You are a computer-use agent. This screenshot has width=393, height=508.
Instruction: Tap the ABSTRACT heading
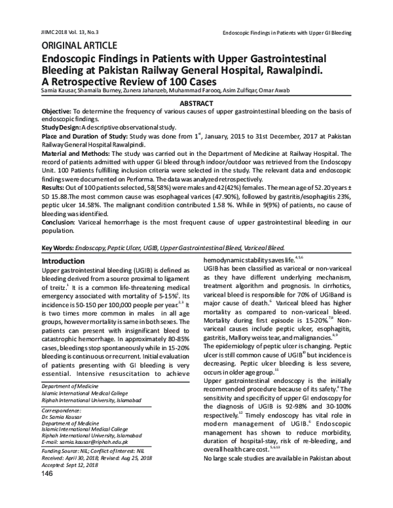point(196,103)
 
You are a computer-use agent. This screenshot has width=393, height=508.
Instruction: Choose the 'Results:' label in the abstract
point(55,188)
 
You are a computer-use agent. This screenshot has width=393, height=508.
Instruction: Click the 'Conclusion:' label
point(60,222)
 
